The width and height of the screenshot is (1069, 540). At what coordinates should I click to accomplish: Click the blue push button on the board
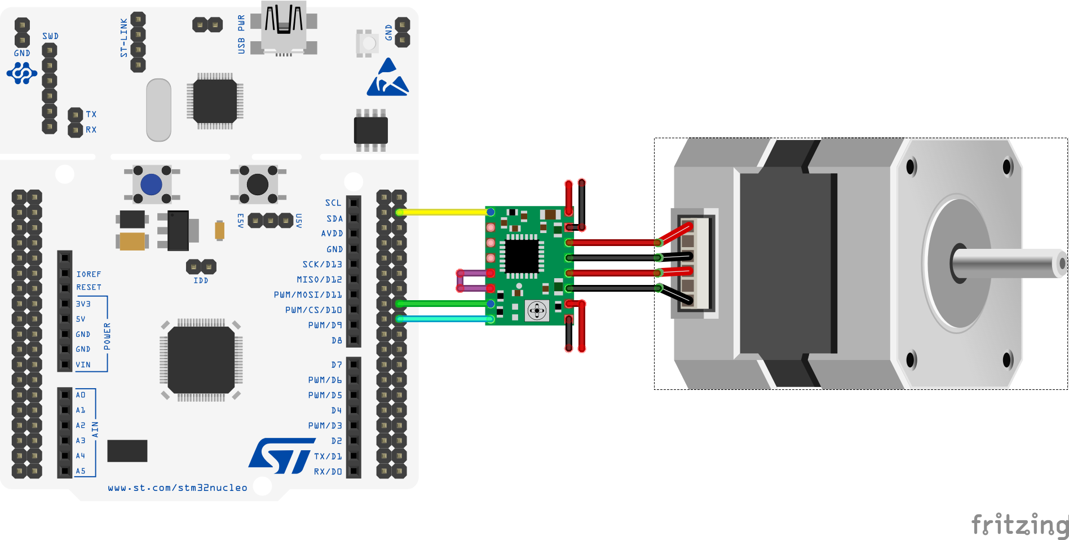[151, 185]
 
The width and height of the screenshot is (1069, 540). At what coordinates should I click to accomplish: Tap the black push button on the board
[258, 185]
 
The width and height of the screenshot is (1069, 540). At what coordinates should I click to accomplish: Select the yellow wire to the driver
[443, 212]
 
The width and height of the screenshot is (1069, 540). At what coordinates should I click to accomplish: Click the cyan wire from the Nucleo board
[443, 319]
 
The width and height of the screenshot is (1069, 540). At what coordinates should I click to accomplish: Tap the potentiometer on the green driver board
[537, 310]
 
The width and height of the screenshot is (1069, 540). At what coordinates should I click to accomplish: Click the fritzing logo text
[1019, 525]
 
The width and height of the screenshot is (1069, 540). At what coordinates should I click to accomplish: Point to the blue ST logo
[280, 455]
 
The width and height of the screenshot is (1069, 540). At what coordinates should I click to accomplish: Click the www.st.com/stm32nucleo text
[178, 488]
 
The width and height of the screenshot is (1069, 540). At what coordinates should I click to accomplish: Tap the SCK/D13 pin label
[322, 264]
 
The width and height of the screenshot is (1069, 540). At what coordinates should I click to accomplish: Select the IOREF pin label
[89, 274]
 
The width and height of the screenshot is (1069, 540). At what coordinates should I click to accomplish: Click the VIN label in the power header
[83, 365]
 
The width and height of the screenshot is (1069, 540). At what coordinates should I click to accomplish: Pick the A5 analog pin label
[81, 471]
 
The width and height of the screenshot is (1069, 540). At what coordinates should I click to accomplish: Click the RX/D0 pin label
[328, 471]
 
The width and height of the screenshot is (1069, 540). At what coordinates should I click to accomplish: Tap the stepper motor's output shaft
[1009, 264]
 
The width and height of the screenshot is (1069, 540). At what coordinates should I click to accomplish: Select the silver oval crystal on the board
[158, 110]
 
